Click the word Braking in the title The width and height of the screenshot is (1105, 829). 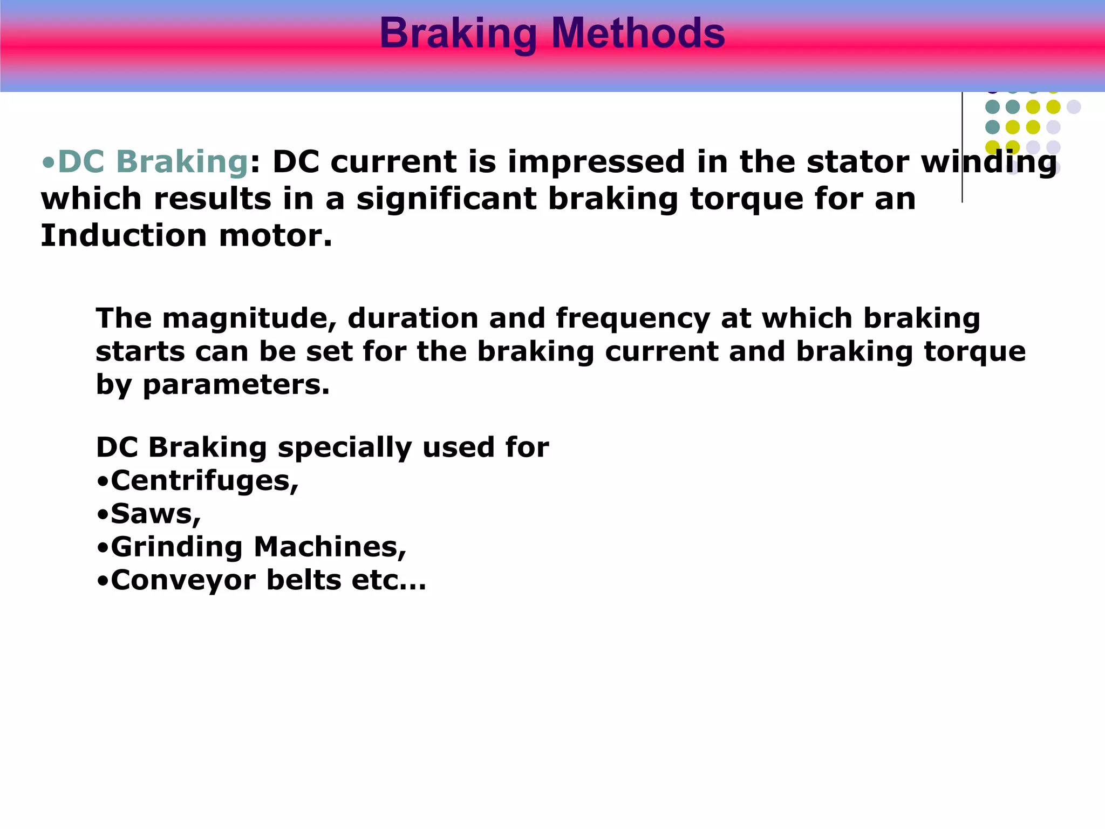[458, 33]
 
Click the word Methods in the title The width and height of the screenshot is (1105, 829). [638, 33]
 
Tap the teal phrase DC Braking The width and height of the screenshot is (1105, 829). [153, 162]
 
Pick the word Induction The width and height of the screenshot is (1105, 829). [124, 236]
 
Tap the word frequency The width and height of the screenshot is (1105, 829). [633, 318]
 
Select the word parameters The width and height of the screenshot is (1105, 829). [235, 385]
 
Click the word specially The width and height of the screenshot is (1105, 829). [344, 447]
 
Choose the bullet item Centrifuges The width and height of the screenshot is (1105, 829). [204, 481]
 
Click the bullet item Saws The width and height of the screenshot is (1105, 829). [155, 514]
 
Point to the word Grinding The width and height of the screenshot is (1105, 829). [177, 547]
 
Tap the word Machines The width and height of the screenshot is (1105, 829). [330, 547]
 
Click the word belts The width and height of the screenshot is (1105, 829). [304, 581]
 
